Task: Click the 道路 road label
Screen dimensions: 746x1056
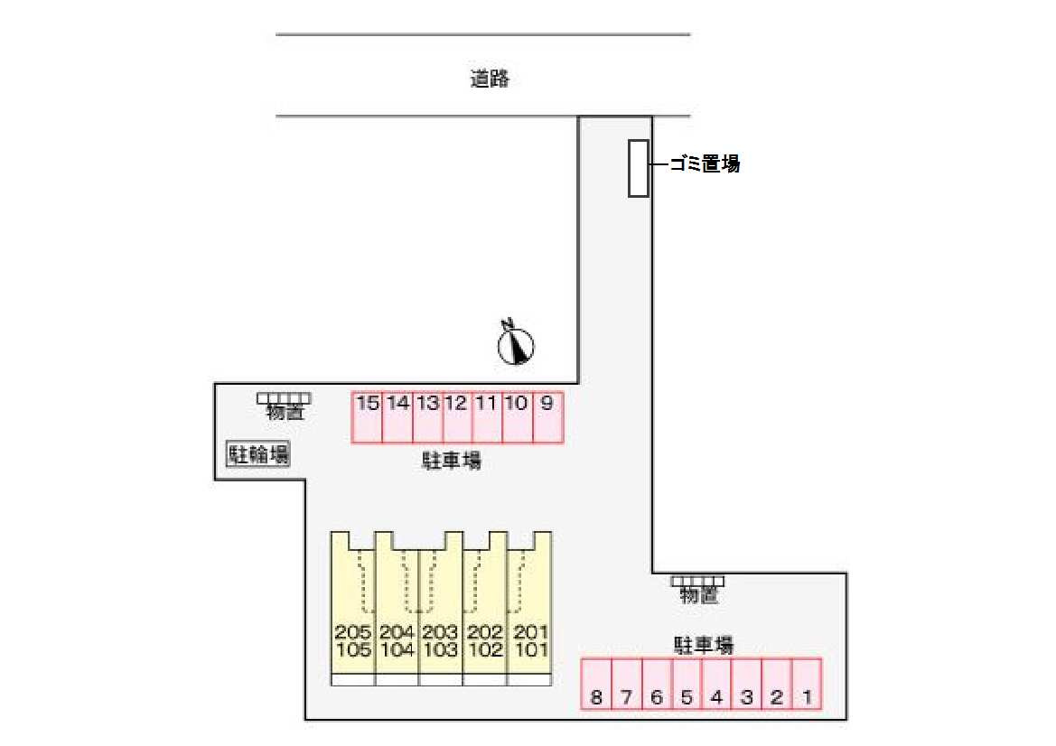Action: point(491,79)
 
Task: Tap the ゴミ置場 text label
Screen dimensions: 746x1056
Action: point(705,163)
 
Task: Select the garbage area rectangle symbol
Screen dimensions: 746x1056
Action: point(639,168)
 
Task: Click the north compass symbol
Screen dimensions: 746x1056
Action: point(517,344)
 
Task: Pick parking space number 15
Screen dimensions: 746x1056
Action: point(367,417)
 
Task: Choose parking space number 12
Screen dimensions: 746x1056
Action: point(457,417)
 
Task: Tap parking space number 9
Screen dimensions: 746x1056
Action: point(547,417)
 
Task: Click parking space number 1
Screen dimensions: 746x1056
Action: point(808,685)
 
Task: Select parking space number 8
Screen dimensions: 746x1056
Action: point(596,685)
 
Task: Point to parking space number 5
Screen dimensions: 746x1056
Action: point(687,685)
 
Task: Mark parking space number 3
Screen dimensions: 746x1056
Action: point(747,685)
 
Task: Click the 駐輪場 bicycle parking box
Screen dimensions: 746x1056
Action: point(257,454)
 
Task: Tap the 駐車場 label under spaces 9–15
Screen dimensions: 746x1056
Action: point(452,462)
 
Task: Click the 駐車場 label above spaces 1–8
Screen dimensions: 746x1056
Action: point(703,646)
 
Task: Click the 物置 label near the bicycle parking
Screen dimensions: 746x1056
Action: point(285,413)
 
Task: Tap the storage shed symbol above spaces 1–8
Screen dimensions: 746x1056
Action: point(697,581)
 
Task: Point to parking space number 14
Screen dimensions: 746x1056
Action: point(397,417)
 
